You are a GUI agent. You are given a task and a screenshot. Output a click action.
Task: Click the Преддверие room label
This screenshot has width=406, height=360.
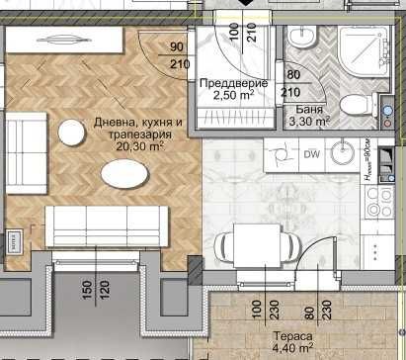tap(226, 84)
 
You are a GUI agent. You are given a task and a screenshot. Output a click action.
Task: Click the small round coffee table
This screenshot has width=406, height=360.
tap(71, 132)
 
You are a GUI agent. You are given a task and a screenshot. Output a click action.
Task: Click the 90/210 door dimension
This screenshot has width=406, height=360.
tap(179, 56)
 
